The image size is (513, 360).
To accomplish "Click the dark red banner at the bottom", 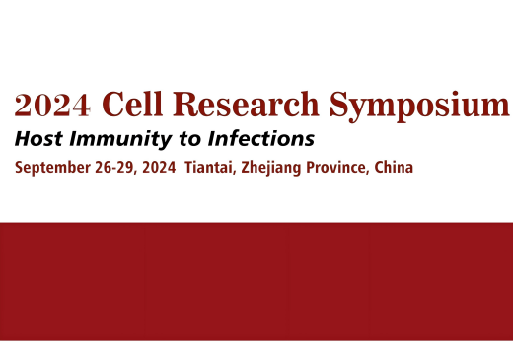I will coord(256,281).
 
